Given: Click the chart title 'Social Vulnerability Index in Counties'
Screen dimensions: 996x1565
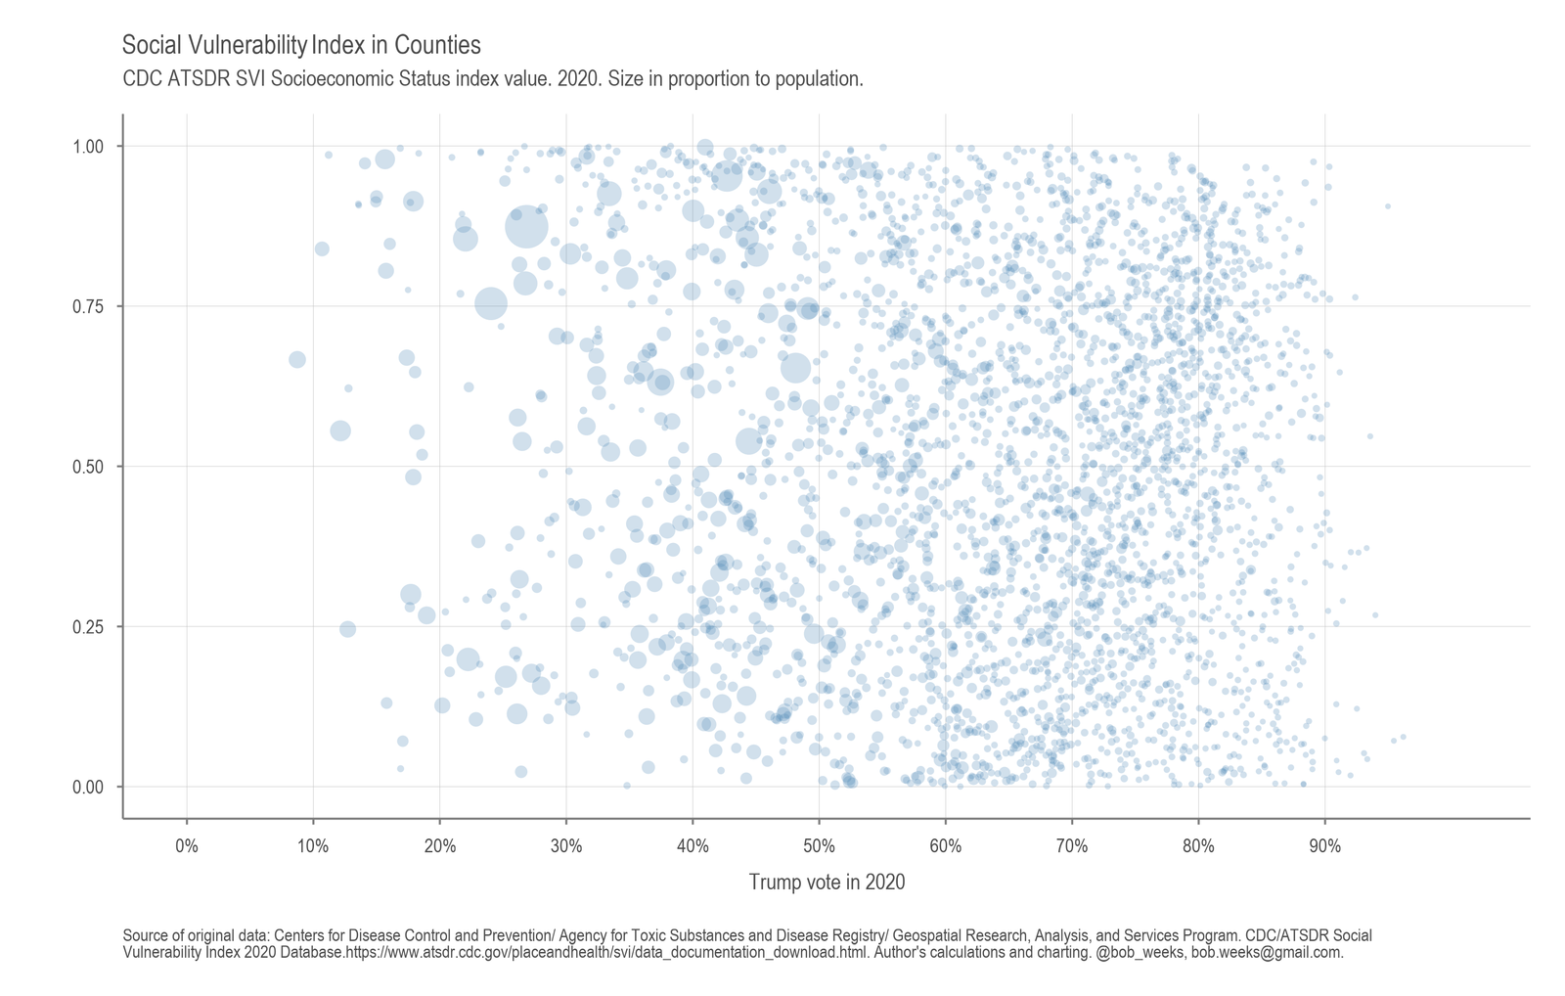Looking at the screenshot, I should (301, 45).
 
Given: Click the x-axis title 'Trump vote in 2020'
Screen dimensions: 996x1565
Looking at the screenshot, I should (827, 883).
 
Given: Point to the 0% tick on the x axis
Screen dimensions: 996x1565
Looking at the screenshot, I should (187, 846).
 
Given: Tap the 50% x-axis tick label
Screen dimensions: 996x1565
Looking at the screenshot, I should (819, 846).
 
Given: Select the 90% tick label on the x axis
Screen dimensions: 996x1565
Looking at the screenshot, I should (1324, 846).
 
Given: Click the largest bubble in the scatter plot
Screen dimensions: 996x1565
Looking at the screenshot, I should (526, 226).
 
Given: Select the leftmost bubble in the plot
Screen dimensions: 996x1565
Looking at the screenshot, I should (297, 359).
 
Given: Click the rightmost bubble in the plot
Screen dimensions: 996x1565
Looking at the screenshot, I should (1404, 737).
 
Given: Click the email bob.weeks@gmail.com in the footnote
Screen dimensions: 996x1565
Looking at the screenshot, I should (1267, 952).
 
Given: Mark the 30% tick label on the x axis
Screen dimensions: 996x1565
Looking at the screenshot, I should (566, 846).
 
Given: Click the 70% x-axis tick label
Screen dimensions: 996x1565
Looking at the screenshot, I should (1072, 846).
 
